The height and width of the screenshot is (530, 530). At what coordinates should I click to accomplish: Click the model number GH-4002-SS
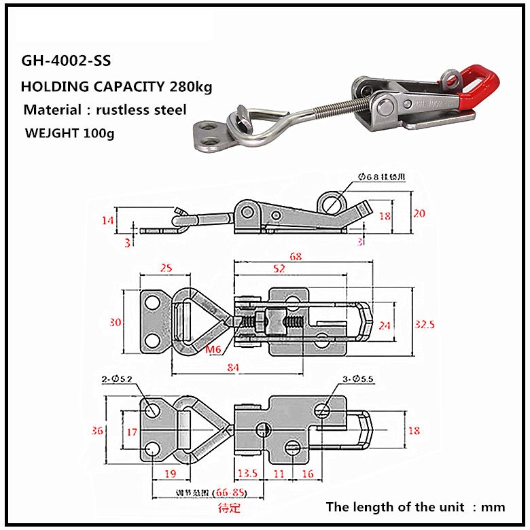click(x=66, y=61)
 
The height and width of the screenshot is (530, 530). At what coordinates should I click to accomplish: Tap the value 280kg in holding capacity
click(x=193, y=86)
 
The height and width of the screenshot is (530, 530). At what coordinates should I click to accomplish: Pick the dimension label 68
click(x=295, y=257)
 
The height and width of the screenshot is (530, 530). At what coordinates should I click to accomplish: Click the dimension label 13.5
click(x=247, y=474)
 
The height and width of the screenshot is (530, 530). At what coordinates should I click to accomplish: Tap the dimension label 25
click(x=165, y=268)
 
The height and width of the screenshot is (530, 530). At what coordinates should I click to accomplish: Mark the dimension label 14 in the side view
click(x=107, y=219)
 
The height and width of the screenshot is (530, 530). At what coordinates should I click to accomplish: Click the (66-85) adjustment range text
click(x=228, y=492)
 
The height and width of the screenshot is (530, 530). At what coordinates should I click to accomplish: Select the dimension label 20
click(x=419, y=213)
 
